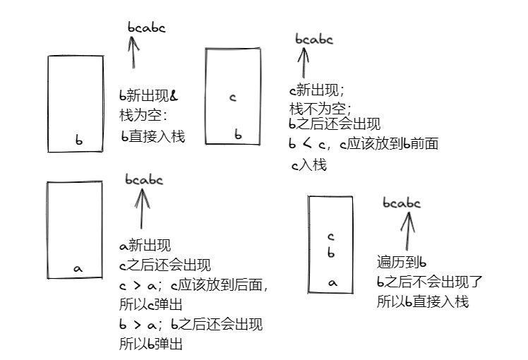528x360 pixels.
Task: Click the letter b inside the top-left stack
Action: [79, 140]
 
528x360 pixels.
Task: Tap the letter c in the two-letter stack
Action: [232, 97]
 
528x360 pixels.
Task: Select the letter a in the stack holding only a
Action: [78, 268]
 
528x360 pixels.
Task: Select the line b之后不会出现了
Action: [430, 282]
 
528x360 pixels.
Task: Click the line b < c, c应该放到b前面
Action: [364, 144]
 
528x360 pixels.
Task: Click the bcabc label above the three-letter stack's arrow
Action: [402, 203]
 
